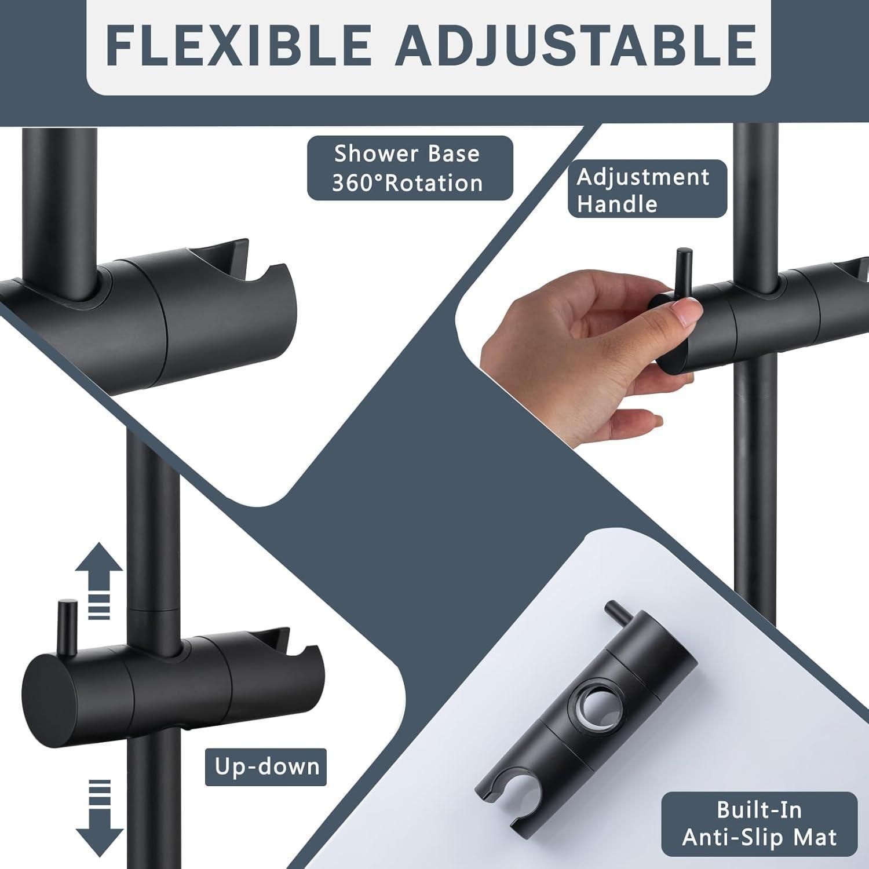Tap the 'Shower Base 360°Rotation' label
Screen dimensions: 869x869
click(x=410, y=168)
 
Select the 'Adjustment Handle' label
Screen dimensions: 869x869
click(x=647, y=189)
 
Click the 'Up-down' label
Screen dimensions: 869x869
click(x=266, y=767)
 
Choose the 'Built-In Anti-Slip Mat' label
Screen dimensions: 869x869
click(x=759, y=824)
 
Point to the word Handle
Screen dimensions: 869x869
click(x=617, y=204)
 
